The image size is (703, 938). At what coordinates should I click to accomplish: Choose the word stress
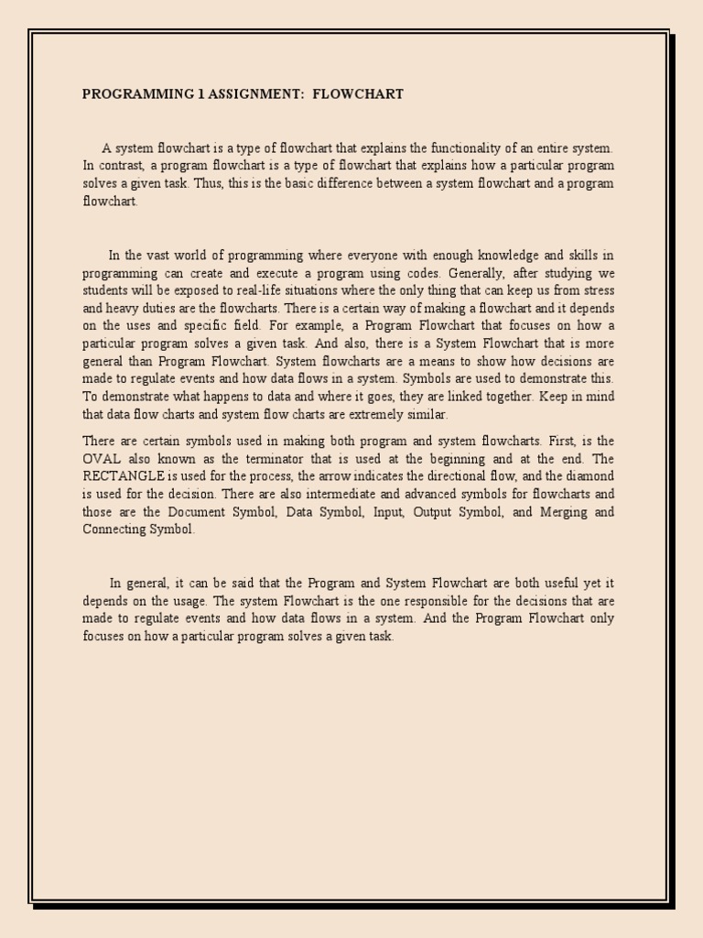tap(594, 290)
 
